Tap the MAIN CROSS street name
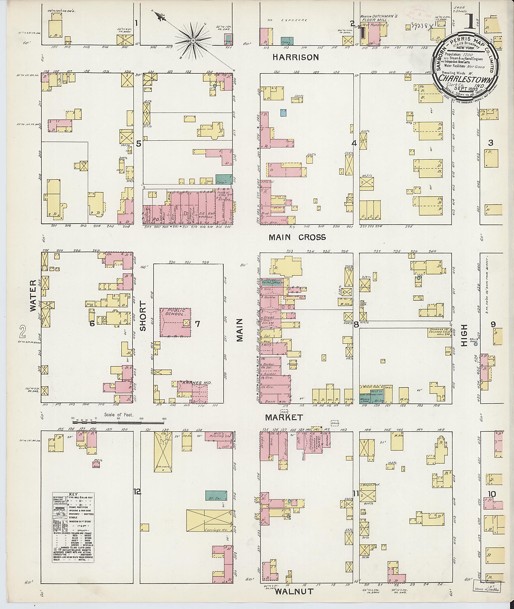click(x=297, y=237)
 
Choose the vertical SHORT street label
click(x=143, y=320)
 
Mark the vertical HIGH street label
click(x=464, y=335)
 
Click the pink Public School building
click(x=175, y=322)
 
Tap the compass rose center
click(x=193, y=41)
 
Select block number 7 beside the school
click(x=197, y=324)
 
